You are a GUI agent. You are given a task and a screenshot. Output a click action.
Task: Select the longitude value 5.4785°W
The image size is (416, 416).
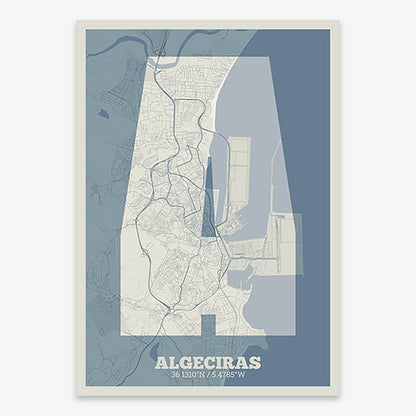(x=235, y=375)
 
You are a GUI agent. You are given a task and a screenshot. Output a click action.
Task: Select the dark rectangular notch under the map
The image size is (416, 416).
(x=208, y=325)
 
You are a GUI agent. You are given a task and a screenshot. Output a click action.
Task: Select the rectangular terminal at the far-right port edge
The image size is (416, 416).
(x=288, y=245)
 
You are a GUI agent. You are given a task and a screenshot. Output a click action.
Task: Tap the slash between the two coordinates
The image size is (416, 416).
(x=209, y=375)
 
